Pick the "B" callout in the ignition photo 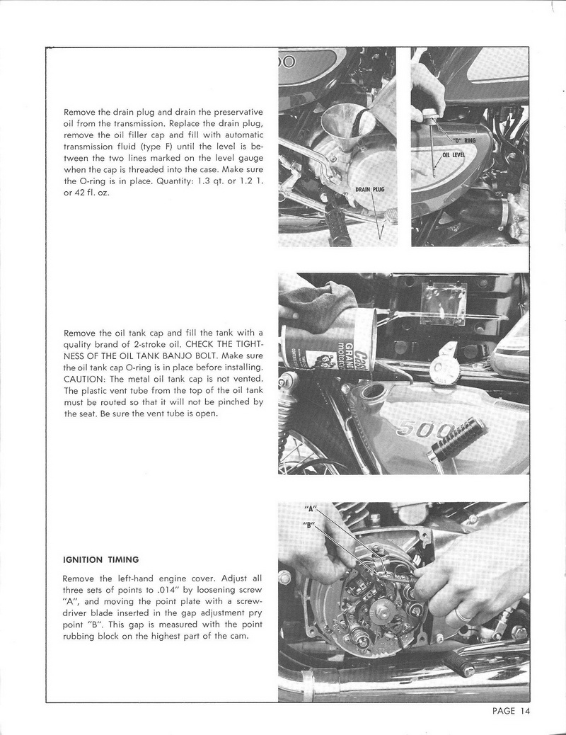(x=308, y=525)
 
